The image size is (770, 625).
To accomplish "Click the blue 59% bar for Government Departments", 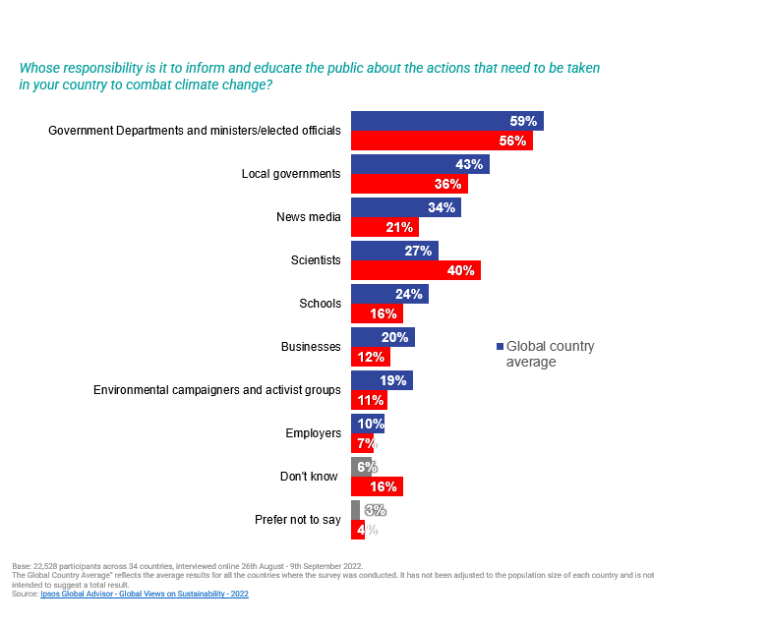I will coord(446,121).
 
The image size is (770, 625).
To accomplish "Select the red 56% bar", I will coord(442,141).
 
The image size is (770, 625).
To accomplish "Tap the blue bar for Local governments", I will coord(420,164).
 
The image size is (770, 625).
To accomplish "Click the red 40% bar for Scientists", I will coord(415,270).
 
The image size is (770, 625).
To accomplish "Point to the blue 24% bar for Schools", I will coord(389,294).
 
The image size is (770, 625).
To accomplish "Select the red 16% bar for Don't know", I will coord(377,486).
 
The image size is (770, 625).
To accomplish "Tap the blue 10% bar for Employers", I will coord(367,424).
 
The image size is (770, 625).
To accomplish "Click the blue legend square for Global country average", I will coord(500,347).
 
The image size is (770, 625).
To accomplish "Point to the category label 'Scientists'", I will coord(317,260).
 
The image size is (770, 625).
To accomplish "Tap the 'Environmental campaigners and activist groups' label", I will coord(216,390).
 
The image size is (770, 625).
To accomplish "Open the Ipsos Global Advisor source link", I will coord(145,595).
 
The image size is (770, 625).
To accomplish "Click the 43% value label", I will coord(468,164).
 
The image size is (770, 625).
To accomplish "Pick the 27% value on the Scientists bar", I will coord(418,251).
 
